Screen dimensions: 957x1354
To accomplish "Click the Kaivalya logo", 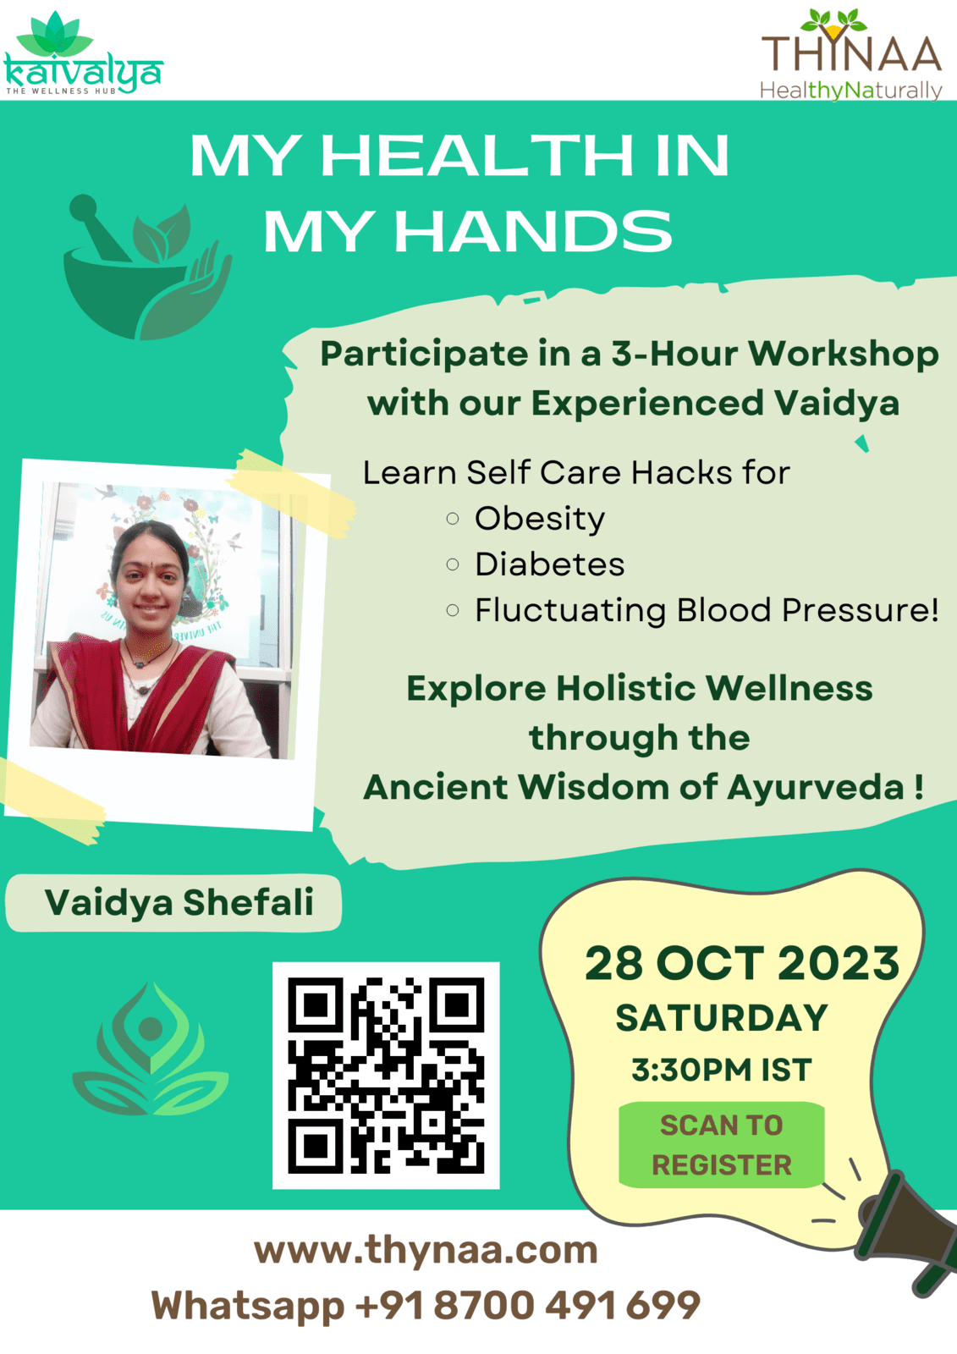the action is (x=83, y=53).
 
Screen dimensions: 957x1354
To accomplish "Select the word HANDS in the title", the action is (x=532, y=232).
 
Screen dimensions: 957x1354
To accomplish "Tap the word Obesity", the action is (x=539, y=519).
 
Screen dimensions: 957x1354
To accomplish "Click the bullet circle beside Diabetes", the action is (x=452, y=564).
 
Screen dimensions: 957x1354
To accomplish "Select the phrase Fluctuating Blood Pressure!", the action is (x=707, y=610).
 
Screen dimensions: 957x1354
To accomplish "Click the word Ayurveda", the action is (x=816, y=788).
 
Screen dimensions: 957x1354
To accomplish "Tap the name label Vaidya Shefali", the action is (x=179, y=903).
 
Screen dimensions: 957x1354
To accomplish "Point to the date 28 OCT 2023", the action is (x=742, y=964).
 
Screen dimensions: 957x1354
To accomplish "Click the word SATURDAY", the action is (x=722, y=1019).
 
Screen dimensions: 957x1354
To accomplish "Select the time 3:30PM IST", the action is (x=722, y=1070).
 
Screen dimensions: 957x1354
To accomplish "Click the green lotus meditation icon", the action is (x=151, y=1049).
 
